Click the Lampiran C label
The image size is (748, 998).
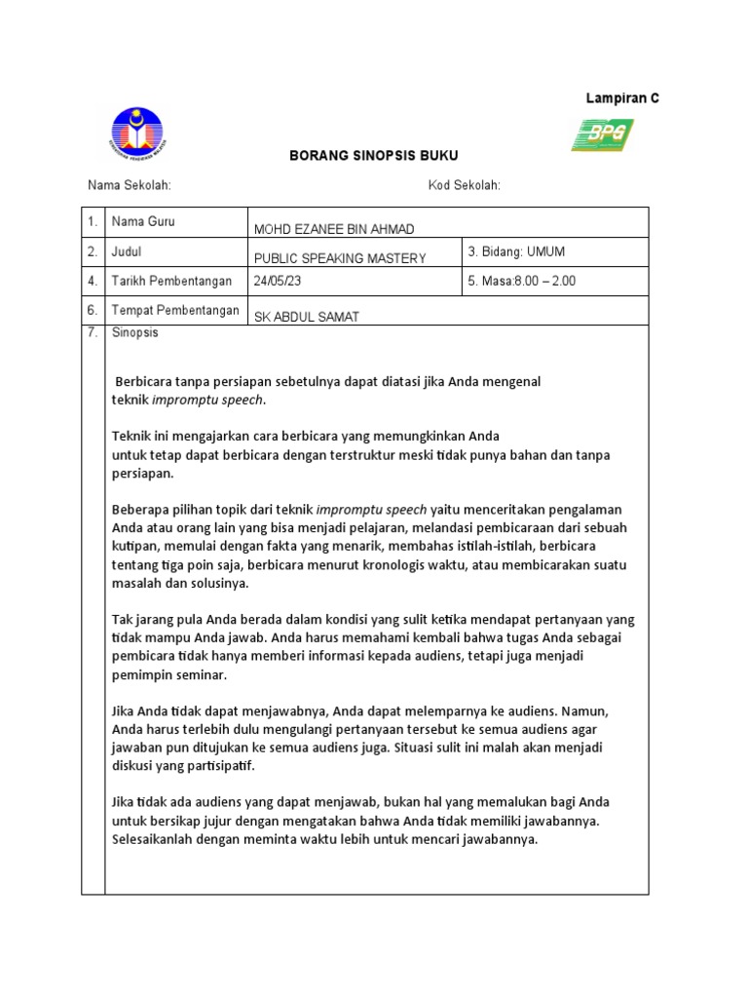click(x=621, y=98)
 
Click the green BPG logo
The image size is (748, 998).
click(x=602, y=135)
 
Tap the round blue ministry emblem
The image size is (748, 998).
click(x=137, y=134)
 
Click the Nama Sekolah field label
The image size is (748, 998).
click(x=130, y=186)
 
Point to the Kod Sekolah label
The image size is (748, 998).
click(x=464, y=186)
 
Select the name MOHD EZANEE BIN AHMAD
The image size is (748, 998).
click(x=333, y=229)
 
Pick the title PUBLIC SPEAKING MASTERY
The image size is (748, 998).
click(x=340, y=258)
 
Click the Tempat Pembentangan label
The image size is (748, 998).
click(x=175, y=310)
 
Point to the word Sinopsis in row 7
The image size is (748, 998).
click(x=135, y=333)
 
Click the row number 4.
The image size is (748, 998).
click(x=92, y=281)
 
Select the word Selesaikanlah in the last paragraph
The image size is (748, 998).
click(x=156, y=838)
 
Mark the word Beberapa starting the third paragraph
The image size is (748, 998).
click(x=140, y=510)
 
